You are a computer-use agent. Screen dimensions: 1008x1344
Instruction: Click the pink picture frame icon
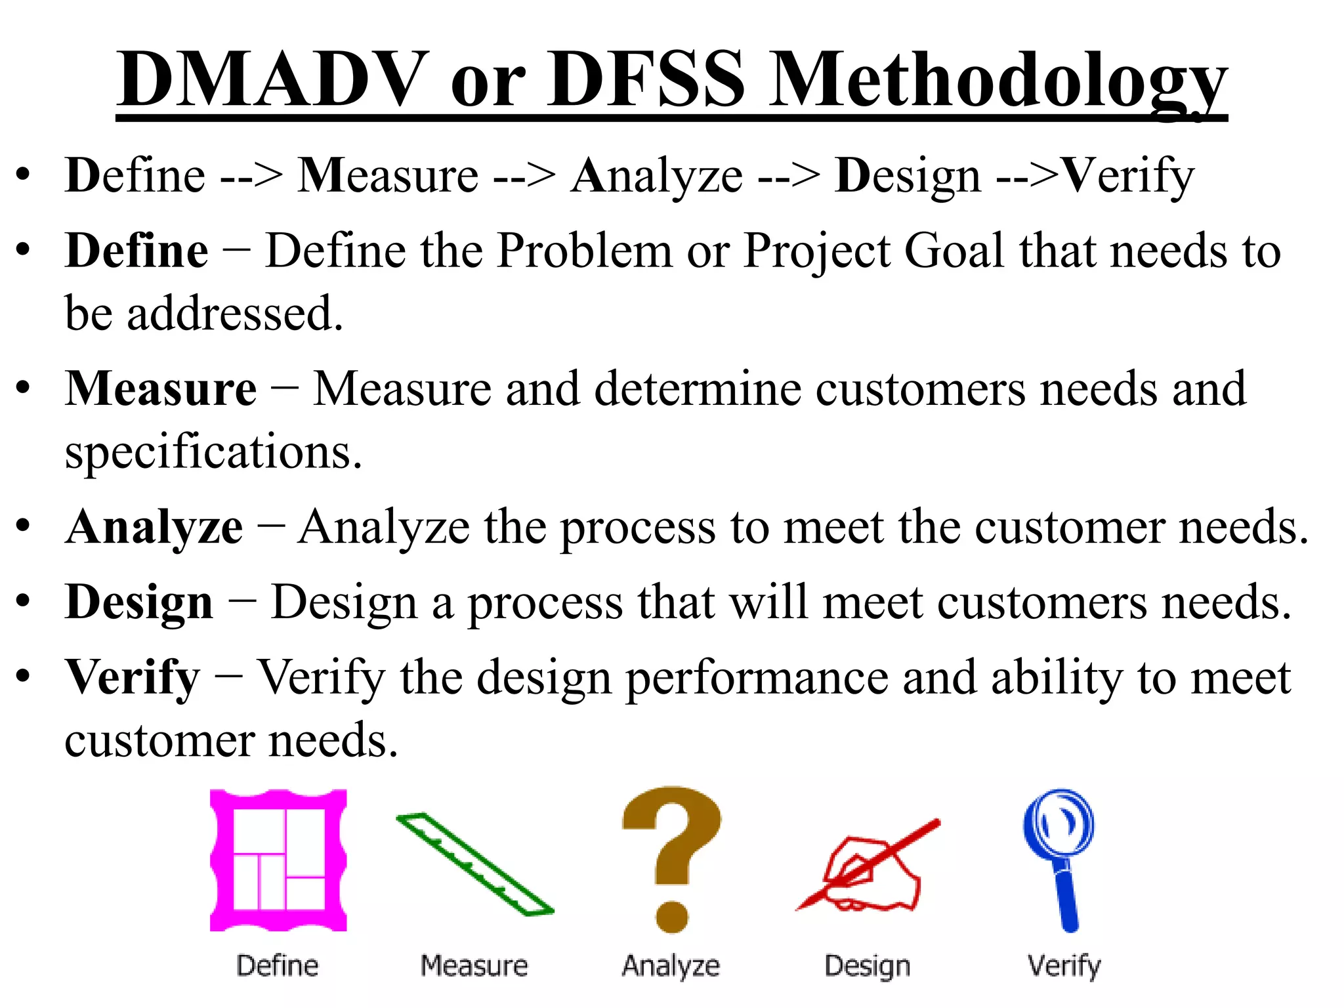coord(278,860)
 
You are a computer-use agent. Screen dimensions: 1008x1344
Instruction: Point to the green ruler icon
coord(475,864)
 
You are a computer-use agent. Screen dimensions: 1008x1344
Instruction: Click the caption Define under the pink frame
coord(278,966)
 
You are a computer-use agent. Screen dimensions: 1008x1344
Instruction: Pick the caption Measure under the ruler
coord(474,966)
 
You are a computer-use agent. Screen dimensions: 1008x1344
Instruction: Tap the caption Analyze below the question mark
coord(671,966)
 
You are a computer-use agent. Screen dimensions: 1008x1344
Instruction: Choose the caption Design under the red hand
coord(868,967)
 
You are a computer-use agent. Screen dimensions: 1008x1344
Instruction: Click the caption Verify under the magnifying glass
coord(1064,967)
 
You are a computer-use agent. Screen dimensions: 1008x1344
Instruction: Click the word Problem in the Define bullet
coord(584,251)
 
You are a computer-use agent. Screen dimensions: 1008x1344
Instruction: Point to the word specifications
coord(213,453)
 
